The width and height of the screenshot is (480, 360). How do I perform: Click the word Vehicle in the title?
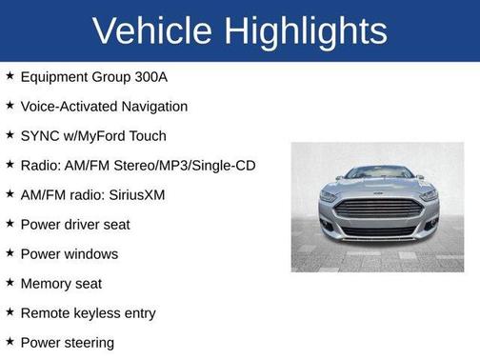coord(152,30)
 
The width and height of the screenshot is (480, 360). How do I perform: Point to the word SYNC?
coord(39,136)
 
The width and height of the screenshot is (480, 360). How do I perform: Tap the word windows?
coord(92,254)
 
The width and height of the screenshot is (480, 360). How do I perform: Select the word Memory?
coord(47,284)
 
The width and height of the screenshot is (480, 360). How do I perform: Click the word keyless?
coord(98,313)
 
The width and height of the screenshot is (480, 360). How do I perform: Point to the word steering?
coord(90,343)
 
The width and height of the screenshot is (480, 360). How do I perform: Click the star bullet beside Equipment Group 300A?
coord(10,76)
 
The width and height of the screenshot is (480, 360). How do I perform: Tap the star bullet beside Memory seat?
coord(10,283)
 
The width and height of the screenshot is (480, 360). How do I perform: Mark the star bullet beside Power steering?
coord(10,342)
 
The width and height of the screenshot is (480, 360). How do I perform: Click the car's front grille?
coord(378,209)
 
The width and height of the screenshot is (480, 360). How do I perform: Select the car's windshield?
coord(378,173)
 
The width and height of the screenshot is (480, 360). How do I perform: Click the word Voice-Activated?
coord(65,107)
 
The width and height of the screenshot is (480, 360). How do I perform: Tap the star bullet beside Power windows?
coord(10,253)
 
